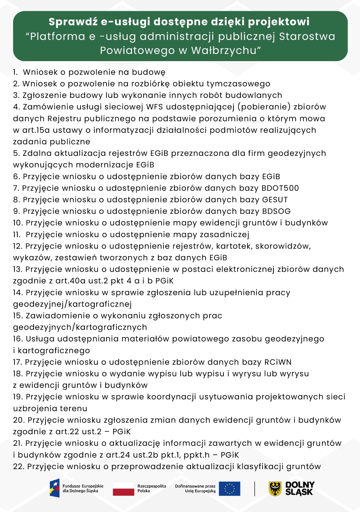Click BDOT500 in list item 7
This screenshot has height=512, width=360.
coord(280,188)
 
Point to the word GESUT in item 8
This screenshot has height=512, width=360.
coord(275,200)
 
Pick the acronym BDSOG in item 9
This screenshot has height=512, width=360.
coord(276,211)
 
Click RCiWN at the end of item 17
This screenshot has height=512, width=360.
coord(278,362)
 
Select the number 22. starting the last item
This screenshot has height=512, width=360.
coord(19,467)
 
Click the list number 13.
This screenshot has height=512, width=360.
coord(18,269)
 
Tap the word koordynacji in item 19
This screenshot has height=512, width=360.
coord(171,397)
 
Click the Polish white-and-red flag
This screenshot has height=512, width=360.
coord(123,489)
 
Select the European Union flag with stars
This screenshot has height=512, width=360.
coord(230,489)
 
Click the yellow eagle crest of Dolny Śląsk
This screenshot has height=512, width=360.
coord(275,489)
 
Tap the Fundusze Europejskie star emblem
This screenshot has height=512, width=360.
coord(55,488)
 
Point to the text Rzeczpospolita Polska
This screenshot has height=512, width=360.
coord(152,488)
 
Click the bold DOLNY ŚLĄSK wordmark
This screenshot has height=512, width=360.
coord(300,489)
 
